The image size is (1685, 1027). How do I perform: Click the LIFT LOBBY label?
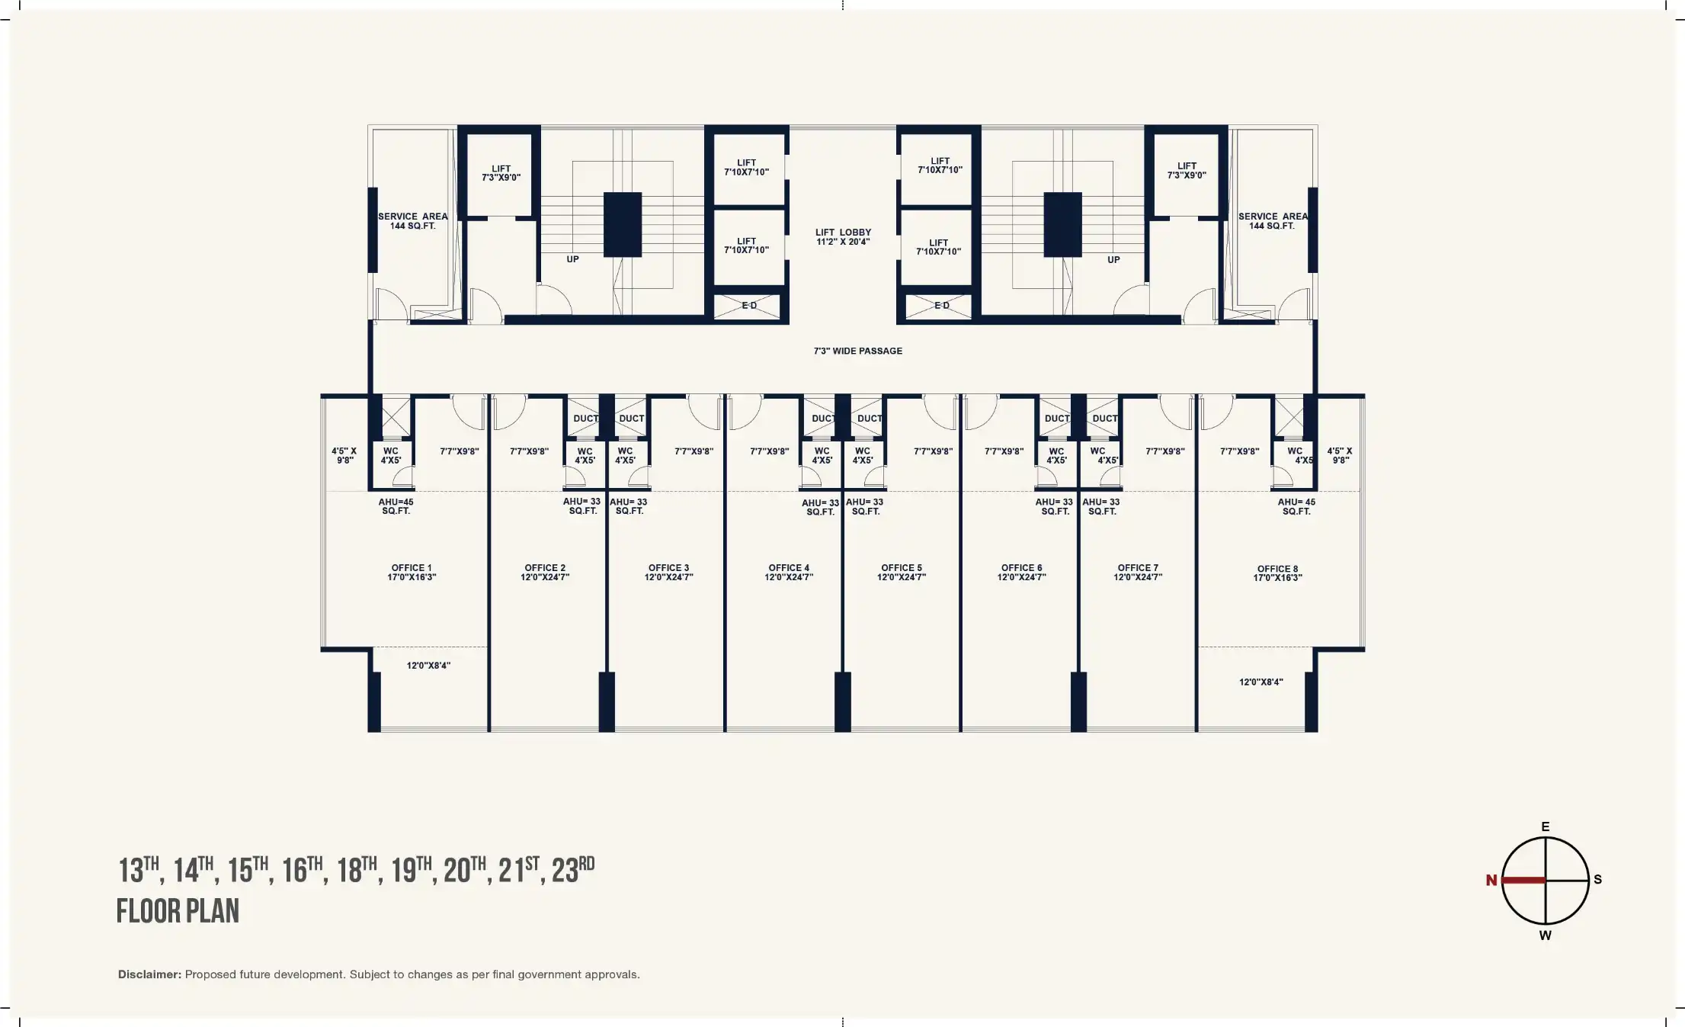843,237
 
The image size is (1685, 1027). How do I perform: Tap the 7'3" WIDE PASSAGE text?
857,351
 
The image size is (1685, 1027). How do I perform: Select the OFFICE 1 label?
412,573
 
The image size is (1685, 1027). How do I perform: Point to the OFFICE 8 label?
1277,573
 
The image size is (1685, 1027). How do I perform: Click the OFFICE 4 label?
789,573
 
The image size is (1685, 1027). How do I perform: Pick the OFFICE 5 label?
902,573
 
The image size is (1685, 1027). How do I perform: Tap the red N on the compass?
1491,881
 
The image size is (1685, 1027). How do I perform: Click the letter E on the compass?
1546,826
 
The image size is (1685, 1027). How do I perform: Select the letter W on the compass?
1545,936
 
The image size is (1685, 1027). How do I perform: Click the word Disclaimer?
149,974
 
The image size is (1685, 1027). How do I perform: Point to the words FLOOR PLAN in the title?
178,911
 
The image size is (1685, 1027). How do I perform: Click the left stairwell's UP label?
572,259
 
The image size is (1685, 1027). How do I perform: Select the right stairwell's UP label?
1113,260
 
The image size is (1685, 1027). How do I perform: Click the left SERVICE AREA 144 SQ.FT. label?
413,221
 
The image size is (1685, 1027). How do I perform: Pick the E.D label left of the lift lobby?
749,306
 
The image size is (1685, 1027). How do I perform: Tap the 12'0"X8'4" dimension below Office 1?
428,666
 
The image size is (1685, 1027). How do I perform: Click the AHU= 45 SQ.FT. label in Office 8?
1296,506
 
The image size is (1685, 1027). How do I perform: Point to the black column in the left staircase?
623,225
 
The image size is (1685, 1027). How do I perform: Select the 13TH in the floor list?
139,870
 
